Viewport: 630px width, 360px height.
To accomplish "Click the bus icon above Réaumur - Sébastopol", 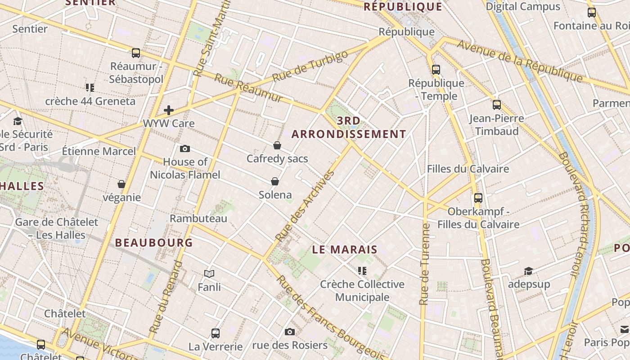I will [x=136, y=53].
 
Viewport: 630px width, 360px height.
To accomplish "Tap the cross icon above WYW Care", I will [x=169, y=110].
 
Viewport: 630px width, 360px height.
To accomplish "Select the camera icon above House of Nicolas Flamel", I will [x=184, y=149].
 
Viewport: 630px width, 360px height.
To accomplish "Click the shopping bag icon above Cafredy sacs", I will [x=277, y=145].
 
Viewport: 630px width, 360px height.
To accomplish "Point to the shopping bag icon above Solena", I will [x=275, y=181].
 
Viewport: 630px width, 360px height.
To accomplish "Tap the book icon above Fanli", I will [x=209, y=274].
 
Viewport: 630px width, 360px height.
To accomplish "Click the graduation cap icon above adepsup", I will [x=529, y=271].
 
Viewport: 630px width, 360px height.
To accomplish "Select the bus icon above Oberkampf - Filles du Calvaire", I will [x=478, y=198].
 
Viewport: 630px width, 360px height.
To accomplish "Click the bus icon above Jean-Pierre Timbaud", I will [x=497, y=105].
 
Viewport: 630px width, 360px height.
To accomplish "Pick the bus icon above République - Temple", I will [x=436, y=70].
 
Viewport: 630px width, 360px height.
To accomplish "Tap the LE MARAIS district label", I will [x=345, y=250].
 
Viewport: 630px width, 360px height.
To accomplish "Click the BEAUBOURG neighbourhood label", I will [x=154, y=243].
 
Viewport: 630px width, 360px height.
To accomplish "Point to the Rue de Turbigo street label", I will [x=310, y=66].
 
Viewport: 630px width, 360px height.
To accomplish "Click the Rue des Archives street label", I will [x=306, y=205].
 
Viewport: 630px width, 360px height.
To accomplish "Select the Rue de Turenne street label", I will [x=424, y=265].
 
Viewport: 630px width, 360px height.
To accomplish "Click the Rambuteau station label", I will [x=198, y=219].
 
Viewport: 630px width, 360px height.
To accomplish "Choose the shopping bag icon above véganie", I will [x=121, y=184].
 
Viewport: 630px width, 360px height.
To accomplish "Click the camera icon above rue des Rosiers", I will [x=290, y=332].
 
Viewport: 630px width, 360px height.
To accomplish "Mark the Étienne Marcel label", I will [x=99, y=151].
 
